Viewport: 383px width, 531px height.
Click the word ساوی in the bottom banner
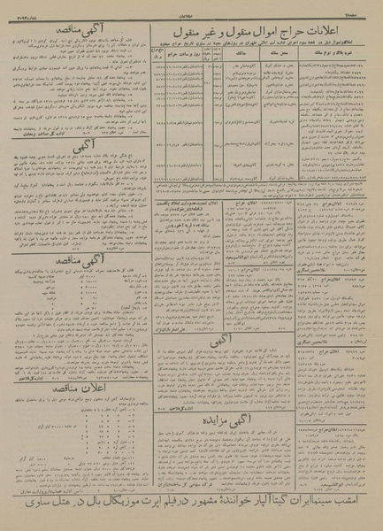26,514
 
